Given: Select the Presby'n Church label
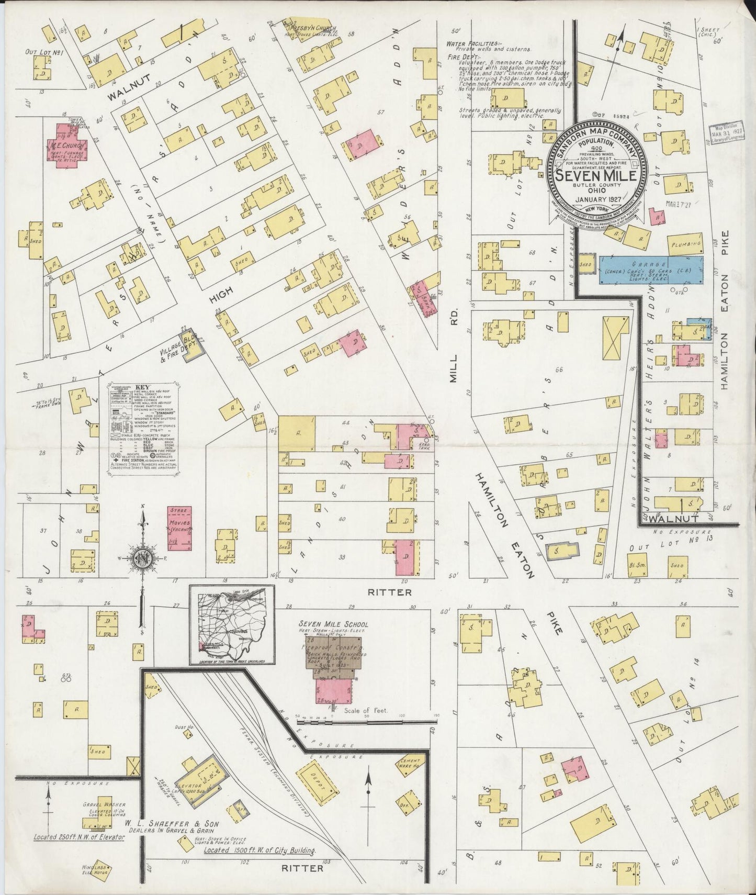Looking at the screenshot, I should (314, 28).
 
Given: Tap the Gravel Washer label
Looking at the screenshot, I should (99, 805).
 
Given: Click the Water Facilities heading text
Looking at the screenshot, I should (473, 44).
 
